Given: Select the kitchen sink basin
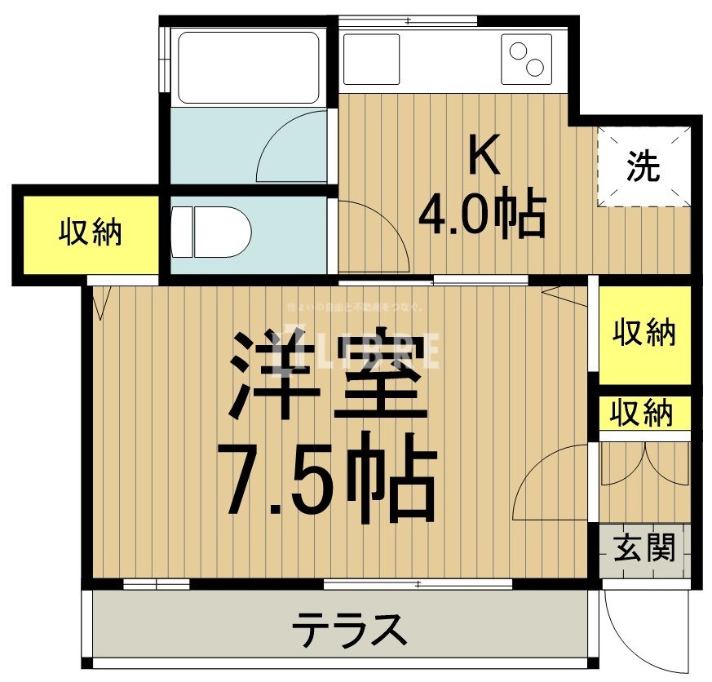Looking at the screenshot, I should tap(372, 59).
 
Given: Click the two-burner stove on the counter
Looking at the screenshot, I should tap(525, 59).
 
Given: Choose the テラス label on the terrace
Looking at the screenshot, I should tap(349, 630).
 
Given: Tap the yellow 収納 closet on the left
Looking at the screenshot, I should tap(90, 232).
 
